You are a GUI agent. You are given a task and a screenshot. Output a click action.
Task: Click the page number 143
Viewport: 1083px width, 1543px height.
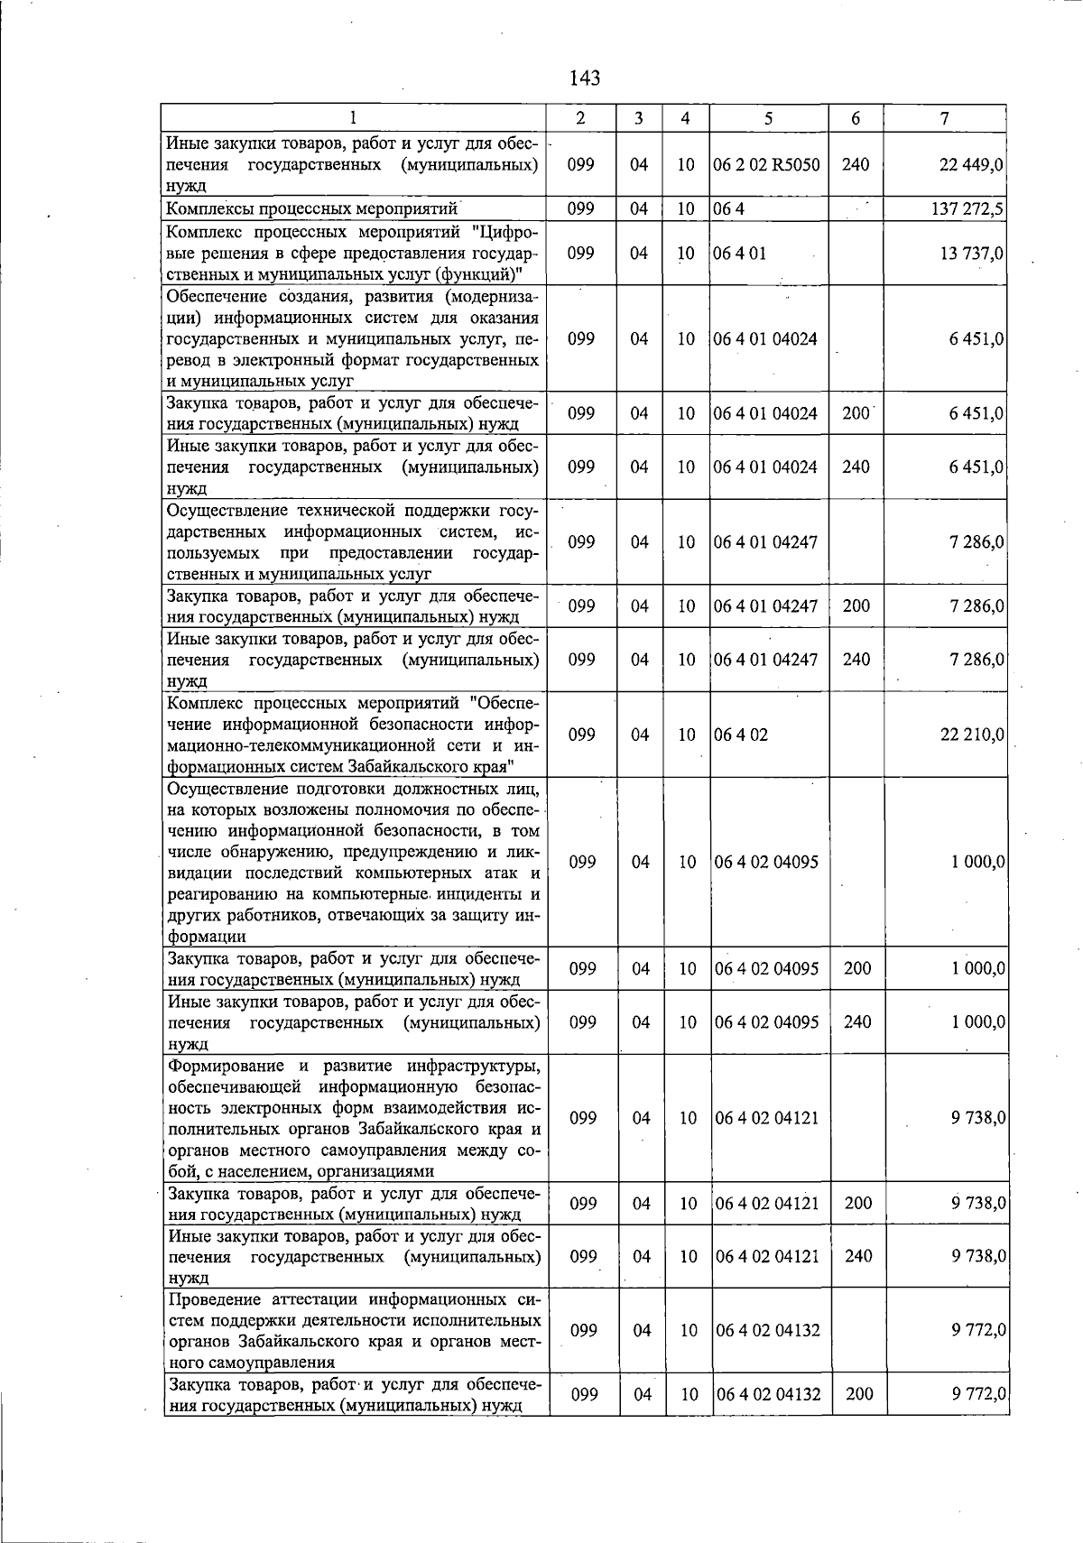coord(585,79)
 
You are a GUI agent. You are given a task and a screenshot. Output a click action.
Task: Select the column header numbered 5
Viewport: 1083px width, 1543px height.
coord(768,118)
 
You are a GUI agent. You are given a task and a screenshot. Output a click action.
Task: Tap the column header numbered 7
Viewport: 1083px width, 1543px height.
coord(944,118)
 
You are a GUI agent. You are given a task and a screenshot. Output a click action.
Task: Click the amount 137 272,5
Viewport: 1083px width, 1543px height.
coord(967,209)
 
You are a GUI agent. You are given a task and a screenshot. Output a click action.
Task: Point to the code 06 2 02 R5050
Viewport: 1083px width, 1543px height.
coord(766,164)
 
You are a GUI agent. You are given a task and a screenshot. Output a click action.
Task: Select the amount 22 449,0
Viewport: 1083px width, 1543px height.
coord(971,164)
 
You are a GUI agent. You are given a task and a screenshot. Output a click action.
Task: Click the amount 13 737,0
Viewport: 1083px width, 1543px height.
coord(971,254)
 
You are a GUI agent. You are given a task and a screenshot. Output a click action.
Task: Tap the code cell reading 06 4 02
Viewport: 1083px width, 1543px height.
coord(741,735)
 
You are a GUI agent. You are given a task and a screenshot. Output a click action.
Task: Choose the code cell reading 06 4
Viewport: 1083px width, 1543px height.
coord(728,209)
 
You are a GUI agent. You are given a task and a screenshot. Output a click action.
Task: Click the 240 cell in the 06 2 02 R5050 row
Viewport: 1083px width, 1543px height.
coord(856,164)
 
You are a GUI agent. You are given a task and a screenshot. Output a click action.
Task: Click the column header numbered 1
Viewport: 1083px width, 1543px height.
coord(354,118)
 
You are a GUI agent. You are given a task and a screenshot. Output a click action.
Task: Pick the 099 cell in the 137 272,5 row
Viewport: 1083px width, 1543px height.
coord(581,209)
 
